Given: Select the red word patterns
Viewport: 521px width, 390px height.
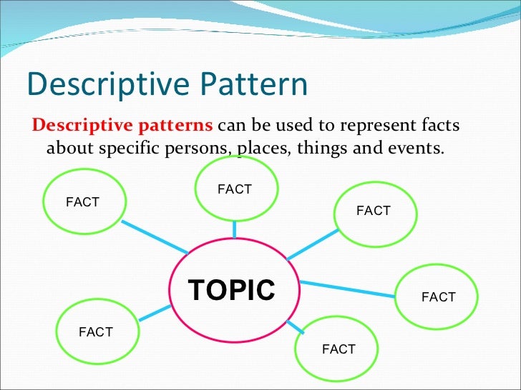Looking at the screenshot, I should [178, 126].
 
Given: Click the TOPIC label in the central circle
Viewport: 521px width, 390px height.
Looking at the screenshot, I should [231, 291].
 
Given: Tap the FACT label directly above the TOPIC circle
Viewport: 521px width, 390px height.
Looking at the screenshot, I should [235, 189].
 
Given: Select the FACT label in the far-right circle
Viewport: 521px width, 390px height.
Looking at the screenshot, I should [439, 297].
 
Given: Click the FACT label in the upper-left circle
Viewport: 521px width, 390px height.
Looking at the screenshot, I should [82, 202].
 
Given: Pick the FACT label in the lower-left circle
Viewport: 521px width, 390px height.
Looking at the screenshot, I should [96, 332].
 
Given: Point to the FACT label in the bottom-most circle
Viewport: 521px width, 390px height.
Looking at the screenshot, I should [339, 349].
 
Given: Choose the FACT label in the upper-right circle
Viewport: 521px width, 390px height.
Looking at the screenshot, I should [373, 211].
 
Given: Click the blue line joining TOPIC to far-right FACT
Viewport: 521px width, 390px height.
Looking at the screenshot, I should [348, 289].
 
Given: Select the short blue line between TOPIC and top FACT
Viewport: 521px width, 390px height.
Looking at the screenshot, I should [235, 229].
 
